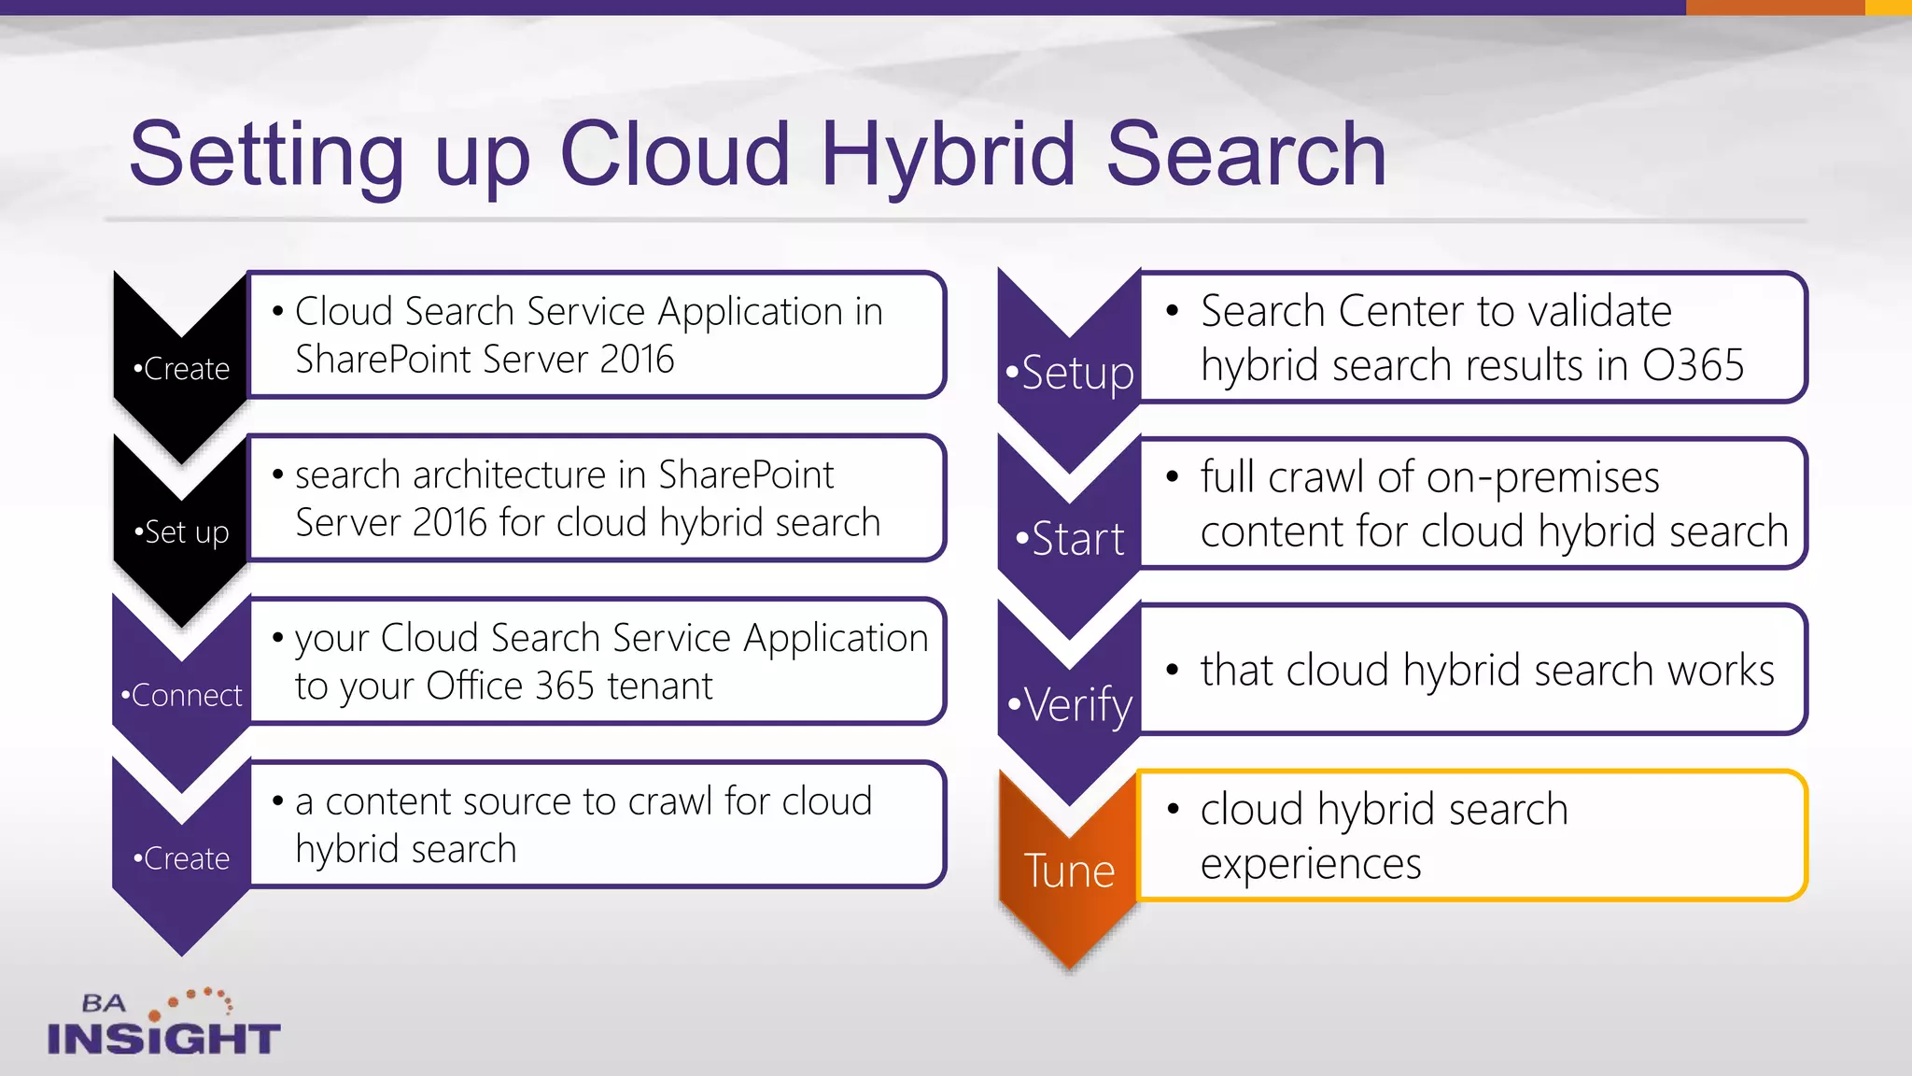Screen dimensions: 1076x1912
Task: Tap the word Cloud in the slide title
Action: point(674,154)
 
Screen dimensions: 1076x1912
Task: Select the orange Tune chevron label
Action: point(1069,871)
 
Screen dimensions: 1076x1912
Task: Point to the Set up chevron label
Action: point(182,532)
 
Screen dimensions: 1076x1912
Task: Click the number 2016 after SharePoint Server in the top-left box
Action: point(637,360)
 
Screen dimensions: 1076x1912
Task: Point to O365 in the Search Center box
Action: point(1693,365)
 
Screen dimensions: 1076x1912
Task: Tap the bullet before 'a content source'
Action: point(277,801)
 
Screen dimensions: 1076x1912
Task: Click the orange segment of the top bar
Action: point(1775,7)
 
